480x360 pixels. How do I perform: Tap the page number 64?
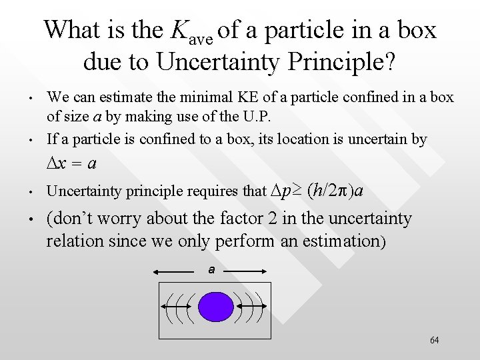tap(435, 341)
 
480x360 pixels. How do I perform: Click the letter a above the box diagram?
tap(211, 270)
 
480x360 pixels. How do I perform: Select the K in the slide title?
tap(179, 30)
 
